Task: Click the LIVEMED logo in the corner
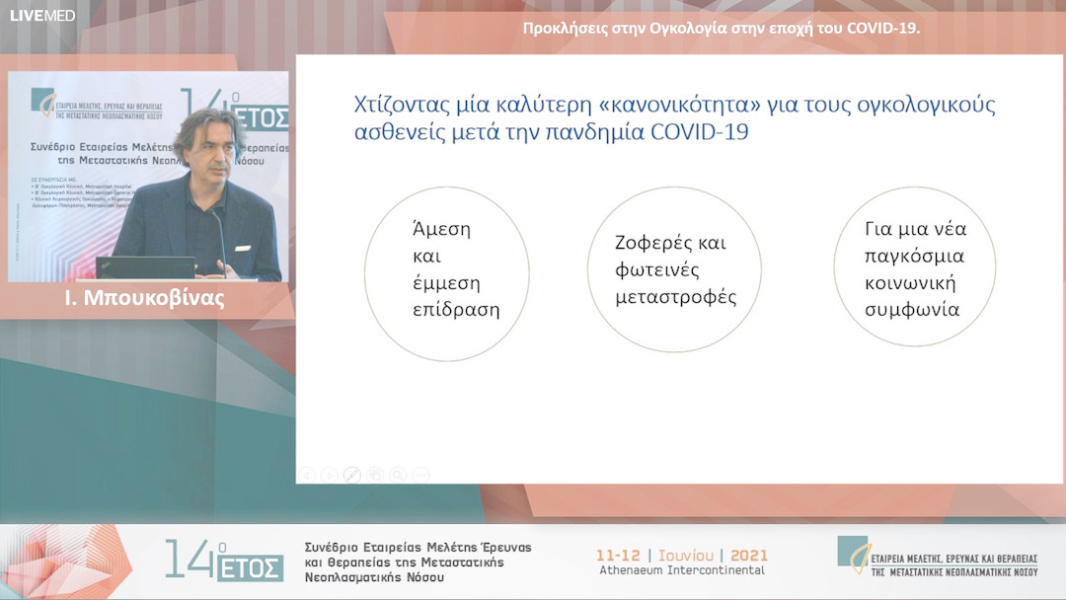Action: coord(41,16)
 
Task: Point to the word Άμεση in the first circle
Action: coord(441,230)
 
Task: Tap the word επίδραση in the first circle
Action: coord(456,309)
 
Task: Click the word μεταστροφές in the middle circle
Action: coord(676,296)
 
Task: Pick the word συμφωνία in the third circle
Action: coord(912,309)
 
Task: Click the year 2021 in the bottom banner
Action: coord(748,555)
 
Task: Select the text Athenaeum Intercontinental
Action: coord(682,570)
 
